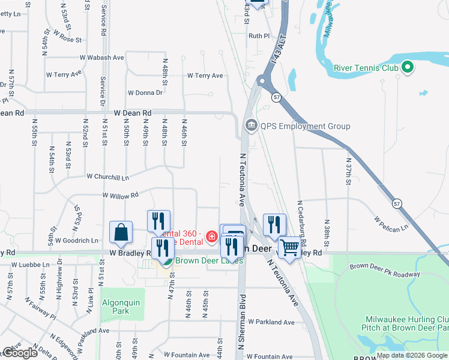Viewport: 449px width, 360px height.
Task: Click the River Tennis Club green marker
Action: click(408, 67)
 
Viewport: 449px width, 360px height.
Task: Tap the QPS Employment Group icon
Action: click(250, 126)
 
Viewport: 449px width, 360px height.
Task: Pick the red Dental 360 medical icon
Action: click(211, 237)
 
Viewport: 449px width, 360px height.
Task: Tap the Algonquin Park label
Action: click(121, 307)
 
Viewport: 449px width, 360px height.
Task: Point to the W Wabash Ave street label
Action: click(101, 58)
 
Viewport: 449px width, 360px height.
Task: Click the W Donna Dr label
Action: click(145, 93)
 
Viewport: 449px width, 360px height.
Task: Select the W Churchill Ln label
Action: click(107, 177)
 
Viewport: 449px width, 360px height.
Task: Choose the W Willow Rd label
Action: click(120, 195)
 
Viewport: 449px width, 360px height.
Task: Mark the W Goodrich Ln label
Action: click(77, 241)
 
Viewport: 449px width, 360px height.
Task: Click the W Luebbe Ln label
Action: click(30, 264)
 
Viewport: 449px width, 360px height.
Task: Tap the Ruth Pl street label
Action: click(259, 36)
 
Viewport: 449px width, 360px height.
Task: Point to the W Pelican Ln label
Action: click(391, 223)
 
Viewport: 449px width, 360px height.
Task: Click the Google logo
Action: click(20, 353)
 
